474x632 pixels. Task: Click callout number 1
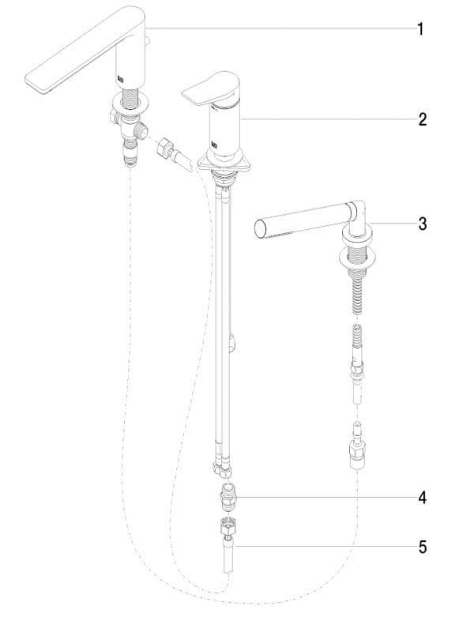pyautogui.click(x=420, y=29)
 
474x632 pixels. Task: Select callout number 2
pyautogui.click(x=422, y=119)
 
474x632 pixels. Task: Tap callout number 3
pyautogui.click(x=422, y=224)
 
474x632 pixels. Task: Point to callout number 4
pyautogui.click(x=422, y=498)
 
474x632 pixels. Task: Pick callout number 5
pyautogui.click(x=422, y=547)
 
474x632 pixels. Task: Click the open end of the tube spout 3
pyautogui.click(x=261, y=230)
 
